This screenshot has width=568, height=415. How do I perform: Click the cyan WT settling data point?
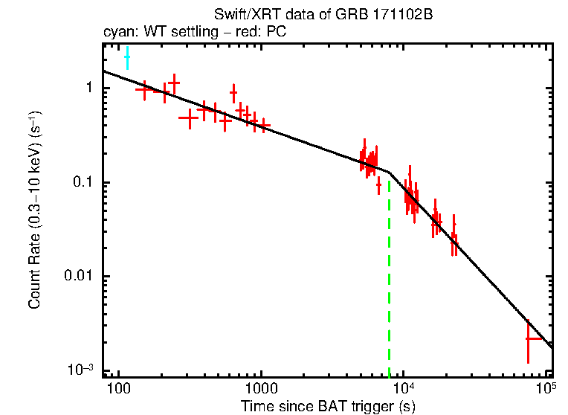pos(127,57)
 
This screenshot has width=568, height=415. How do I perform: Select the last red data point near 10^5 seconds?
pos(529,338)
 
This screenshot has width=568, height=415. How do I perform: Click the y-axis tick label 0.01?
pos(80,277)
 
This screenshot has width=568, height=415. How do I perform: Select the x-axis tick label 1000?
pos(260,389)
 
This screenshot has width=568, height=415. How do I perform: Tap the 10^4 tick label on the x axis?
pos(403,387)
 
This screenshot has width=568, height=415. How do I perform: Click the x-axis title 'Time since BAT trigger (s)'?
pos(327,406)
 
